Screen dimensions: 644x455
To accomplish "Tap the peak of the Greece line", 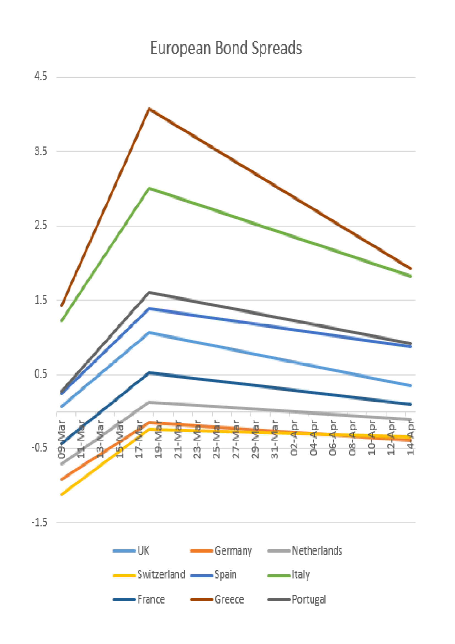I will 149,109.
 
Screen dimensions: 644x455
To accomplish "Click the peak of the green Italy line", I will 149,188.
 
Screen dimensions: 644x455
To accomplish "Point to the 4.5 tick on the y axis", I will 41,76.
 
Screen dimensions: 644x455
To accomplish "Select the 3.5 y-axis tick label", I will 41,151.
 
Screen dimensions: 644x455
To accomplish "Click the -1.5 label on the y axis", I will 40,522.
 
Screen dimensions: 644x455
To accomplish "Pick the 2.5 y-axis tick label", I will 41,225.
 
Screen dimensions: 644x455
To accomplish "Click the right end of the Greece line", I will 411,268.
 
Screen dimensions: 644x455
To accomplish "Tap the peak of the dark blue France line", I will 149,373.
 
